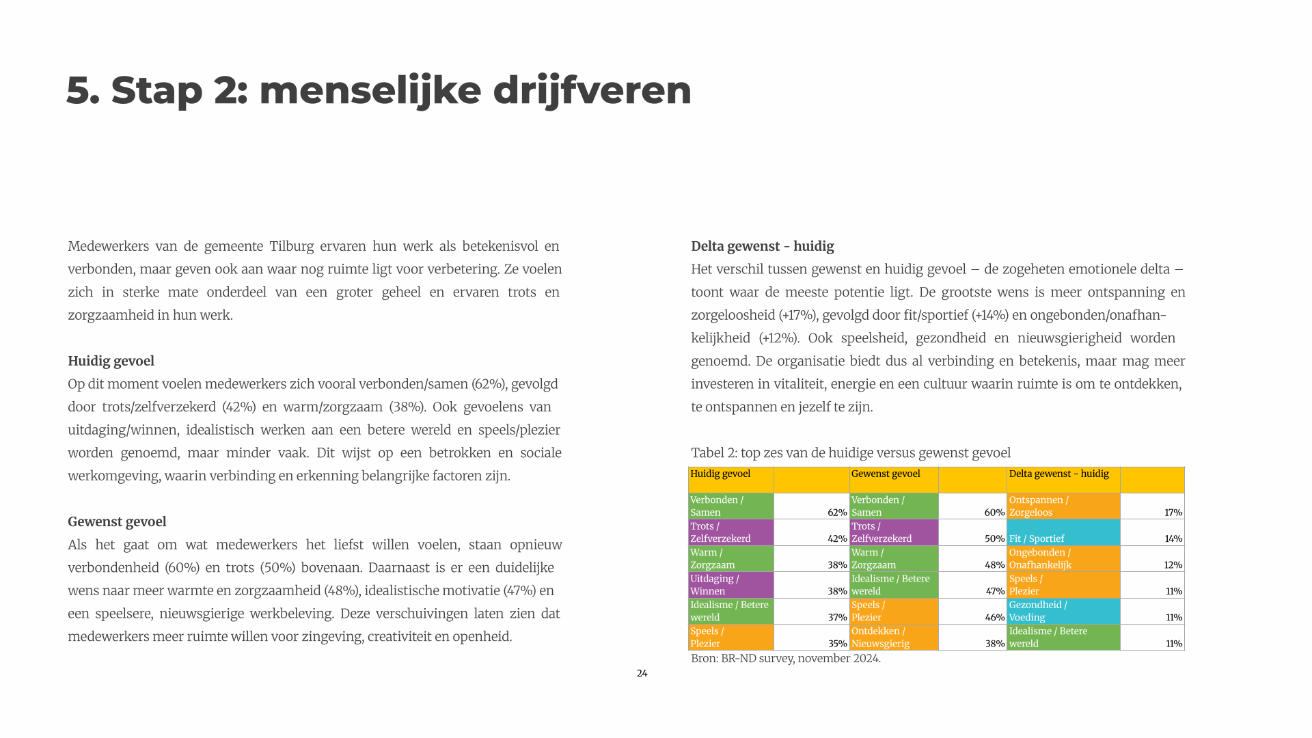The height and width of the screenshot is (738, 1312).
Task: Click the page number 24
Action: click(x=642, y=673)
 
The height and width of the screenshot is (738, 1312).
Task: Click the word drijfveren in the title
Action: click(x=592, y=90)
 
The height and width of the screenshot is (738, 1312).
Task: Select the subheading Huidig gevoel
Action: click(x=111, y=361)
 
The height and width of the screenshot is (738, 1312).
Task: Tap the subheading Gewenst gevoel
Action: click(x=117, y=521)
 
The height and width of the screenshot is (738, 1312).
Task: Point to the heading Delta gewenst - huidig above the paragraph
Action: click(x=762, y=246)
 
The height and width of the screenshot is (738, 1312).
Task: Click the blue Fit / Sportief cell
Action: click(x=1063, y=532)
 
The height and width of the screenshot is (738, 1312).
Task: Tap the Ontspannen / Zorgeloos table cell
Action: click(x=1063, y=506)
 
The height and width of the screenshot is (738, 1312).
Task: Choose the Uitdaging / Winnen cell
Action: click(x=730, y=585)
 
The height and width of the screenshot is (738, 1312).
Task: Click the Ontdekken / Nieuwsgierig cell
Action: click(x=894, y=637)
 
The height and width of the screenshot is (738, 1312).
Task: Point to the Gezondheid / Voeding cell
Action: click(x=1063, y=611)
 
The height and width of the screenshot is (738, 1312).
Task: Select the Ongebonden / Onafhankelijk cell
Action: click(x=1063, y=558)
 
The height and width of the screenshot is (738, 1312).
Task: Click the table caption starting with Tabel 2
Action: click(x=850, y=453)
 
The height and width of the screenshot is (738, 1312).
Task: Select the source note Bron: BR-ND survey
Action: click(x=785, y=658)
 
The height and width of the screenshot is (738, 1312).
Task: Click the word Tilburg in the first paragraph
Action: click(x=291, y=246)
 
